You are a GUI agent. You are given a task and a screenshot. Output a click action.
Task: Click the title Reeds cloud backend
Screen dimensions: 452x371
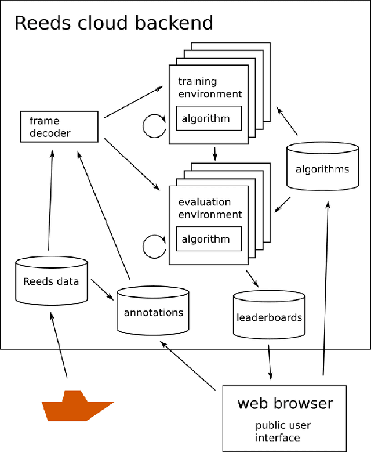click(113, 23)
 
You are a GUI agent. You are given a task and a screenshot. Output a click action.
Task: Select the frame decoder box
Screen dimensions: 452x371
click(58, 127)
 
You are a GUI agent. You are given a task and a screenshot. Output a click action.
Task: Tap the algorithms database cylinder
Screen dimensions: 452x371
click(322, 169)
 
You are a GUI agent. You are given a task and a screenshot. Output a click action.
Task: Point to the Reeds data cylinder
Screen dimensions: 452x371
click(50, 281)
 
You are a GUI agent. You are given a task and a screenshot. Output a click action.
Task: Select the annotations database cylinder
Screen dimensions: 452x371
click(153, 312)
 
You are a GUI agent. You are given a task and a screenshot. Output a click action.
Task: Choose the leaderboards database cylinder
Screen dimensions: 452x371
click(269, 316)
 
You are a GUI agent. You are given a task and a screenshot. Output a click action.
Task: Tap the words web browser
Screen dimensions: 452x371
click(285, 403)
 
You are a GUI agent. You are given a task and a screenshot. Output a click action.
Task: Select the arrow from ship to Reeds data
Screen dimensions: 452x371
click(59, 346)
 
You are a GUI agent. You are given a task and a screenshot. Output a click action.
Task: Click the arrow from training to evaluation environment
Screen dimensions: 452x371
click(215, 154)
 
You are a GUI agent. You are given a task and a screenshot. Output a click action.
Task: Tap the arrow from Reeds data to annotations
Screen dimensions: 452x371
click(102, 290)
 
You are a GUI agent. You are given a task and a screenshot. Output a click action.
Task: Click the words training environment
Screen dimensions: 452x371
click(209, 88)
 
